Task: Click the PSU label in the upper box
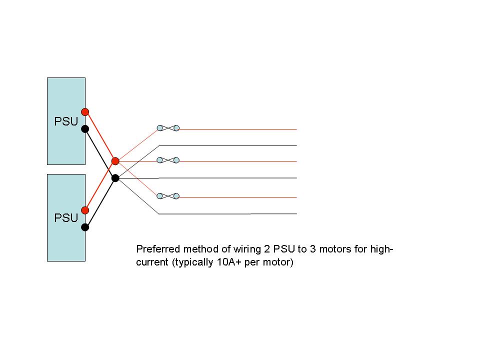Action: click(66, 121)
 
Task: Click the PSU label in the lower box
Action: click(66, 218)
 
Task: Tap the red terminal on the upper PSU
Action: click(85, 111)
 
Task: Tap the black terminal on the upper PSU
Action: click(85, 129)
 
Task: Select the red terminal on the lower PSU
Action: click(85, 210)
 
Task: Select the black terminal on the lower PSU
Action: click(85, 227)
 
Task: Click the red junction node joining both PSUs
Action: click(115, 161)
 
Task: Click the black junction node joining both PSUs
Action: click(115, 177)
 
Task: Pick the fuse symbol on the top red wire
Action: click(168, 128)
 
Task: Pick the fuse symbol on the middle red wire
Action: click(168, 160)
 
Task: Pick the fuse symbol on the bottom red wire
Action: click(168, 196)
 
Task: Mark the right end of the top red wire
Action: click(296, 129)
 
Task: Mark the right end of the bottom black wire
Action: click(296, 214)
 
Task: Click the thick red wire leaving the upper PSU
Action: click(100, 136)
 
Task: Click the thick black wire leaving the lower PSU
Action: click(100, 202)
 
